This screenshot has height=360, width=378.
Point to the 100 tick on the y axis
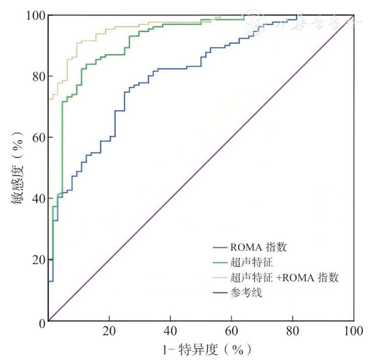click(34, 15)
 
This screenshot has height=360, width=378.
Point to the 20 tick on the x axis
click(109, 332)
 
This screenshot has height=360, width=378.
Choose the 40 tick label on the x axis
click(170, 332)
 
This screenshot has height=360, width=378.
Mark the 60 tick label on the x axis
click(231, 332)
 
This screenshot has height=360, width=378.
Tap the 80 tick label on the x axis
click(292, 332)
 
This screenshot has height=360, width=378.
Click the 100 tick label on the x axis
click(352, 332)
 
